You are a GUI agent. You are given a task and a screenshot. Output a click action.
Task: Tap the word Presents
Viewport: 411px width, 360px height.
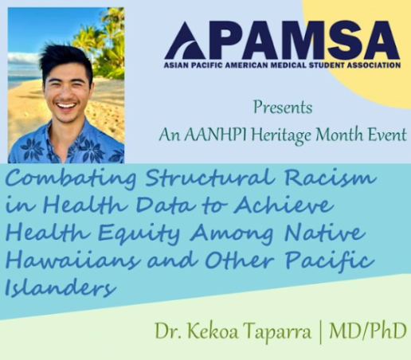(283, 108)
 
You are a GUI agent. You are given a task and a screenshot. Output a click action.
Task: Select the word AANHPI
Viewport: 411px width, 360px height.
(216, 135)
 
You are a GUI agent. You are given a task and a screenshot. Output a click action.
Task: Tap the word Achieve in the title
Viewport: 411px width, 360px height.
(283, 206)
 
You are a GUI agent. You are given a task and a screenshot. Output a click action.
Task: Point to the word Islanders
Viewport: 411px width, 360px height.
(61, 288)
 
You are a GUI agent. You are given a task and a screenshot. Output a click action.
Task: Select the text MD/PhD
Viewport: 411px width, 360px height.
(368, 331)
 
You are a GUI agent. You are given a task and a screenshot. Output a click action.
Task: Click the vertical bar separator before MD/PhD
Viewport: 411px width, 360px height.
(320, 332)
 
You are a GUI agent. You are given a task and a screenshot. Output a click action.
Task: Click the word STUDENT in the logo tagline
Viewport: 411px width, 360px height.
(324, 65)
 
